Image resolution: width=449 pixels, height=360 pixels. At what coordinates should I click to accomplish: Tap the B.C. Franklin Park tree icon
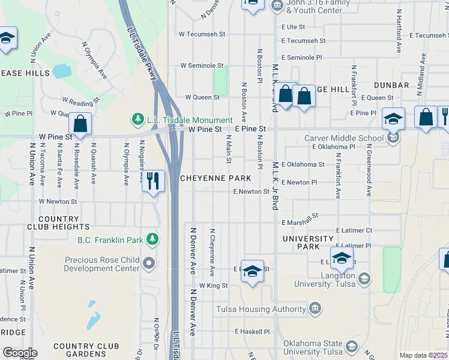coord(152,240)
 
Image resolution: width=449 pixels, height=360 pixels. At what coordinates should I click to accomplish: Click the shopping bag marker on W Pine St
coord(80,124)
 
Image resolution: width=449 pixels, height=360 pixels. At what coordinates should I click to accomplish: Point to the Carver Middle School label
coord(343,138)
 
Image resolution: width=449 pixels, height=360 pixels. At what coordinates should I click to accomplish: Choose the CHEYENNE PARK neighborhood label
coord(215,179)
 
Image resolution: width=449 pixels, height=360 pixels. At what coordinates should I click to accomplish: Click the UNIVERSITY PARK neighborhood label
coord(308,242)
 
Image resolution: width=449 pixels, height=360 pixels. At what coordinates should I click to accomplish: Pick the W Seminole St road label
coord(203,65)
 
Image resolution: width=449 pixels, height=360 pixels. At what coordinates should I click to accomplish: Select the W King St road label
coord(214,286)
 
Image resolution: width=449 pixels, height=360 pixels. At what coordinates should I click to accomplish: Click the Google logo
coord(20,353)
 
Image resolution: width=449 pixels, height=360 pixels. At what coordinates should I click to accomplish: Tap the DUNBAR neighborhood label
coord(391,86)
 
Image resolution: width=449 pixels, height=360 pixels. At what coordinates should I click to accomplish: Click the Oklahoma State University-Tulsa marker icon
coord(352,347)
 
